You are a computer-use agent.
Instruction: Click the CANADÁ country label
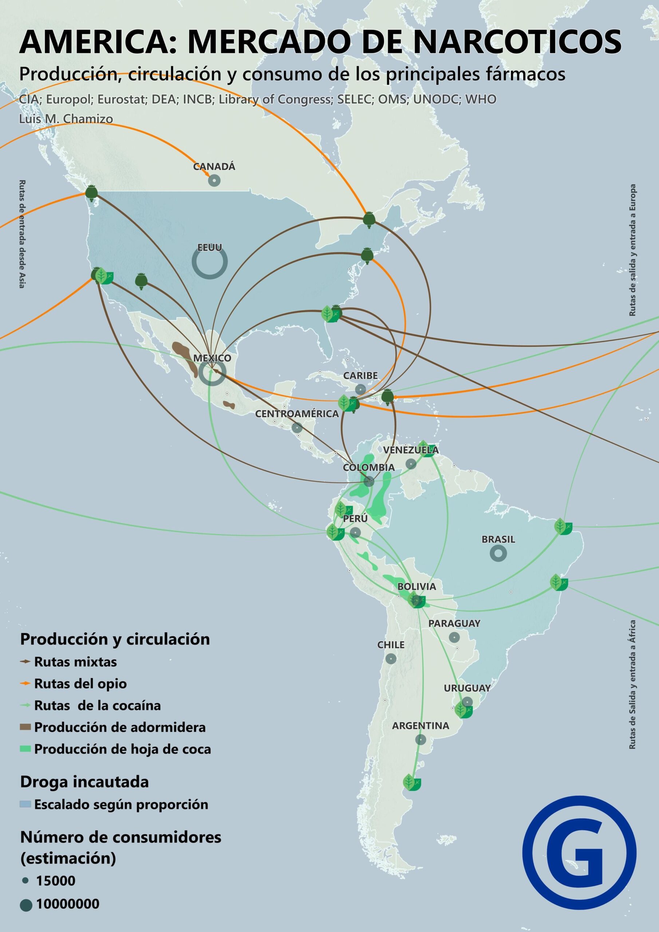click(x=214, y=166)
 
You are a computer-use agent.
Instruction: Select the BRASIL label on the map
click(x=498, y=540)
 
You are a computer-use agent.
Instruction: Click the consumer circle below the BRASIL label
click(x=498, y=553)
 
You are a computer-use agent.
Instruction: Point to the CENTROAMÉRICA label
click(x=297, y=414)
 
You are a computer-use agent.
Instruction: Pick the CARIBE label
click(x=360, y=375)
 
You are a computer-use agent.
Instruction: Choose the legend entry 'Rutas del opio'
click(x=80, y=684)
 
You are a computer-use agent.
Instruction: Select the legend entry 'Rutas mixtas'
click(x=75, y=662)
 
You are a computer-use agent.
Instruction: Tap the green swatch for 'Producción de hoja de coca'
click(x=25, y=749)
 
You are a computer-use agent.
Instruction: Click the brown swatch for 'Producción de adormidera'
click(x=25, y=727)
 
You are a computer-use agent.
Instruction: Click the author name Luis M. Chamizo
click(x=66, y=119)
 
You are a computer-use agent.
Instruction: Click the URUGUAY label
click(x=467, y=688)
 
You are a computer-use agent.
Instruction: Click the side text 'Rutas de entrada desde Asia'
click(x=22, y=234)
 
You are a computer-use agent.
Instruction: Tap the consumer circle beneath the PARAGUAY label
click(x=454, y=637)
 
